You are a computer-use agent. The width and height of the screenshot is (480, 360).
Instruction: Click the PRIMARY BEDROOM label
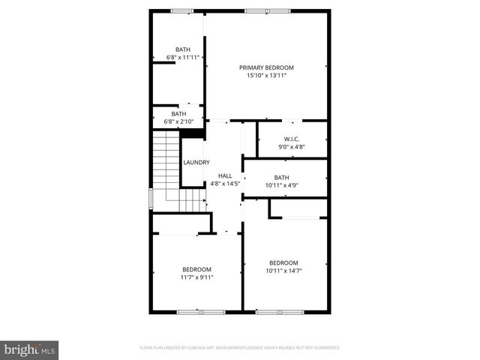tap(266, 67)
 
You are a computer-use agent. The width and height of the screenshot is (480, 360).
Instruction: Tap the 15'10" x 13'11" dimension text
tap(266, 75)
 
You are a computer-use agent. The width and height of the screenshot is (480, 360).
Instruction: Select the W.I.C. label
tap(292, 139)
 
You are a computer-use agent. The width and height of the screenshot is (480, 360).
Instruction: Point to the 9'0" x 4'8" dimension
tap(292, 147)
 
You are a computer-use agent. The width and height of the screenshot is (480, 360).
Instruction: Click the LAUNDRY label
tap(196, 162)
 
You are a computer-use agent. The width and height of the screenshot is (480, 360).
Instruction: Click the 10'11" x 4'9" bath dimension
tap(281, 184)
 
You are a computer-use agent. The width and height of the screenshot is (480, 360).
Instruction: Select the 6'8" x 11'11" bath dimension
tap(183, 57)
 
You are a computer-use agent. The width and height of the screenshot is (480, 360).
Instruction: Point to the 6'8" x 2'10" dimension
tap(178, 121)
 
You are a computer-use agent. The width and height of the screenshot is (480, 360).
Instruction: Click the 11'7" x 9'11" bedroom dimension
tap(196, 277)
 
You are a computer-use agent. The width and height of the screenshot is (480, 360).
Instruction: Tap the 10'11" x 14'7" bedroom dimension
tap(284, 270)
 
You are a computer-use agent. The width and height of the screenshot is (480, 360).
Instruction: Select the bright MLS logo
tap(30, 349)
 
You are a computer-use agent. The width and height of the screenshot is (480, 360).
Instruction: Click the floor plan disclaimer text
tap(240, 348)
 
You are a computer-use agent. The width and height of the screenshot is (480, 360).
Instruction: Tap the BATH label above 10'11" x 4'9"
tap(281, 178)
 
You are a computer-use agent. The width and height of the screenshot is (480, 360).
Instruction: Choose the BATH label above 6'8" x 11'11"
tap(183, 49)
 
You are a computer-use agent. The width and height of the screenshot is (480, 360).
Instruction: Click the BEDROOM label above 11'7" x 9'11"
tap(196, 269)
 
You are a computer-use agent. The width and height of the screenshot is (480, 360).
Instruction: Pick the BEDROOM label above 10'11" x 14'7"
tap(284, 262)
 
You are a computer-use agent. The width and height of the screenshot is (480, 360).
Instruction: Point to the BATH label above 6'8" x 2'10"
tap(178, 114)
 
